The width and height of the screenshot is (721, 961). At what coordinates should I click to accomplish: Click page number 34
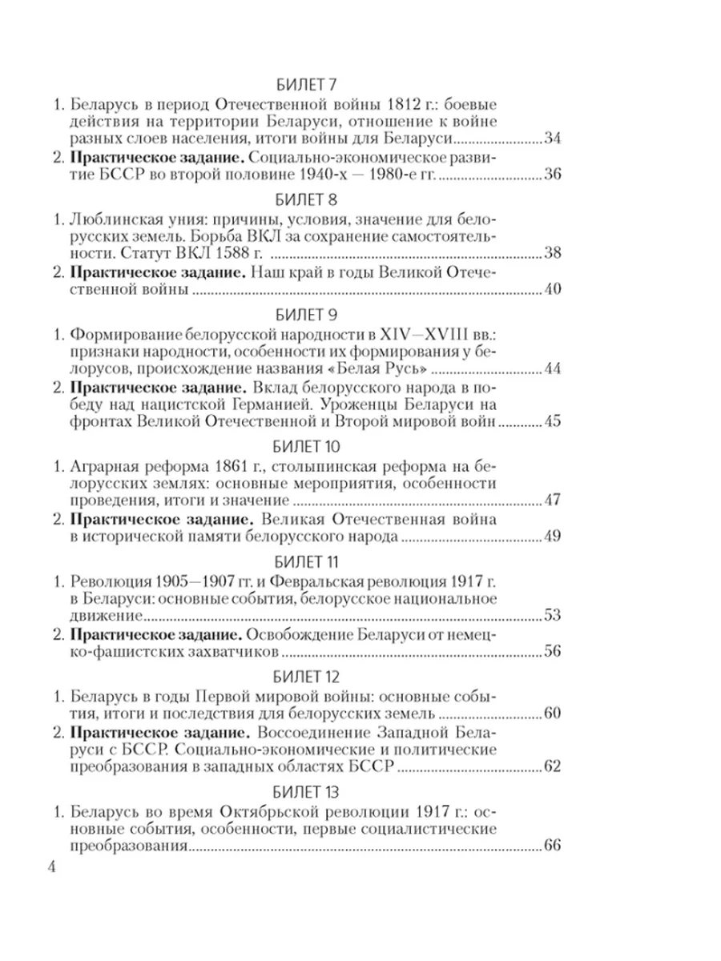tap(553, 140)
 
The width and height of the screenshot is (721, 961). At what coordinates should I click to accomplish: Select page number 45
tap(553, 422)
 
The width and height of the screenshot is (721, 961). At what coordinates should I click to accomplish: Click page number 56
tap(553, 653)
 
